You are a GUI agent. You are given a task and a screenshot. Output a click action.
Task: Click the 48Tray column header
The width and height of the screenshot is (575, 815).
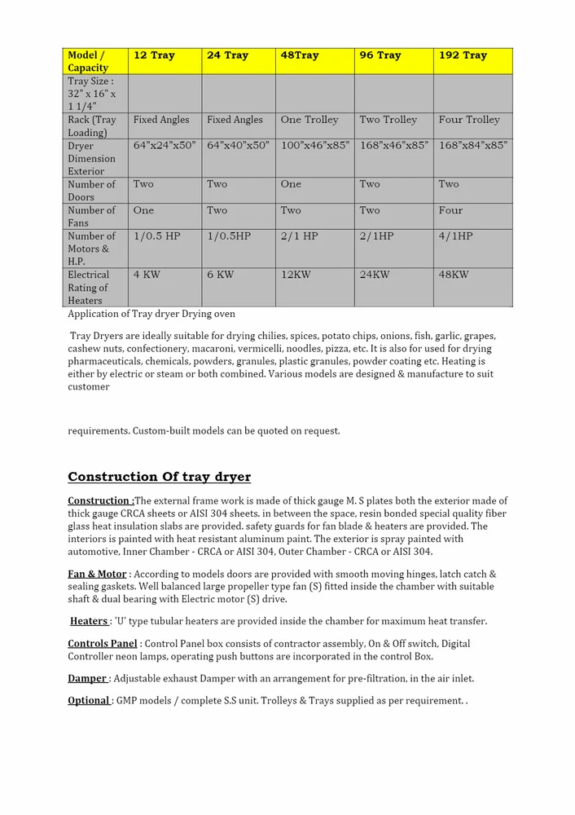click(x=300, y=55)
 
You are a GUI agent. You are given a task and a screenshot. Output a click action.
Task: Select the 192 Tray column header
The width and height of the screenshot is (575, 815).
click(x=463, y=55)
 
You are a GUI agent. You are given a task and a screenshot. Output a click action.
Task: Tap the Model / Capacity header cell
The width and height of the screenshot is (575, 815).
click(x=87, y=61)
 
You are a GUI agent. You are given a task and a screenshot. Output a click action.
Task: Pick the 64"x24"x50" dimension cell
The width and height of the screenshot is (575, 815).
click(x=165, y=145)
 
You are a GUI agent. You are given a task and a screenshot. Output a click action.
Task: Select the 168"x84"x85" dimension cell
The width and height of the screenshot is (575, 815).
click(x=472, y=145)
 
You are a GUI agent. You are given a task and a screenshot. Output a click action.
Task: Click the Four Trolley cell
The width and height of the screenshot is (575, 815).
click(x=469, y=120)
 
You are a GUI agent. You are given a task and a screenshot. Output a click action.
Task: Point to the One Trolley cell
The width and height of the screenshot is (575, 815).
click(x=309, y=120)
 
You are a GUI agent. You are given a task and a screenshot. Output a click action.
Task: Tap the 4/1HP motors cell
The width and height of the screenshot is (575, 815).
click(x=455, y=236)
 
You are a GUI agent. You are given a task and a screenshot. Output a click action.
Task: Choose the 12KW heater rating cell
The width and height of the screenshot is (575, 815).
click(x=296, y=275)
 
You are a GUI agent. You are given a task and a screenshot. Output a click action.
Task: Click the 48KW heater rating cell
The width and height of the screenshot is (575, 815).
click(x=454, y=275)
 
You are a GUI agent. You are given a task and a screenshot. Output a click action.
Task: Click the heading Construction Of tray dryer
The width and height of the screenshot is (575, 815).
click(x=159, y=477)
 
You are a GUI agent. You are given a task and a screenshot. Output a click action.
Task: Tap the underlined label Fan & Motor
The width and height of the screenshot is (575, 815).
click(x=97, y=574)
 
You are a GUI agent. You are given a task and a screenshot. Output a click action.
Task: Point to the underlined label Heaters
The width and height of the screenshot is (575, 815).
click(x=89, y=621)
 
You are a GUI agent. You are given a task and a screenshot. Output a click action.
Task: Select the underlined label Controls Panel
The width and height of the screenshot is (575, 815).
click(x=102, y=644)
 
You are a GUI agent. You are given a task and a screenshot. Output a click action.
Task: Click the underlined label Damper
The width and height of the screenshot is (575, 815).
click(x=87, y=678)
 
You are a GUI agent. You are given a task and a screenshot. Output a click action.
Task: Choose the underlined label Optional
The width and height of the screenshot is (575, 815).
click(x=89, y=700)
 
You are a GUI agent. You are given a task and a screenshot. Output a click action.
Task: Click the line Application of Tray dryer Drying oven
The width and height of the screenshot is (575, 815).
click(x=151, y=314)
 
